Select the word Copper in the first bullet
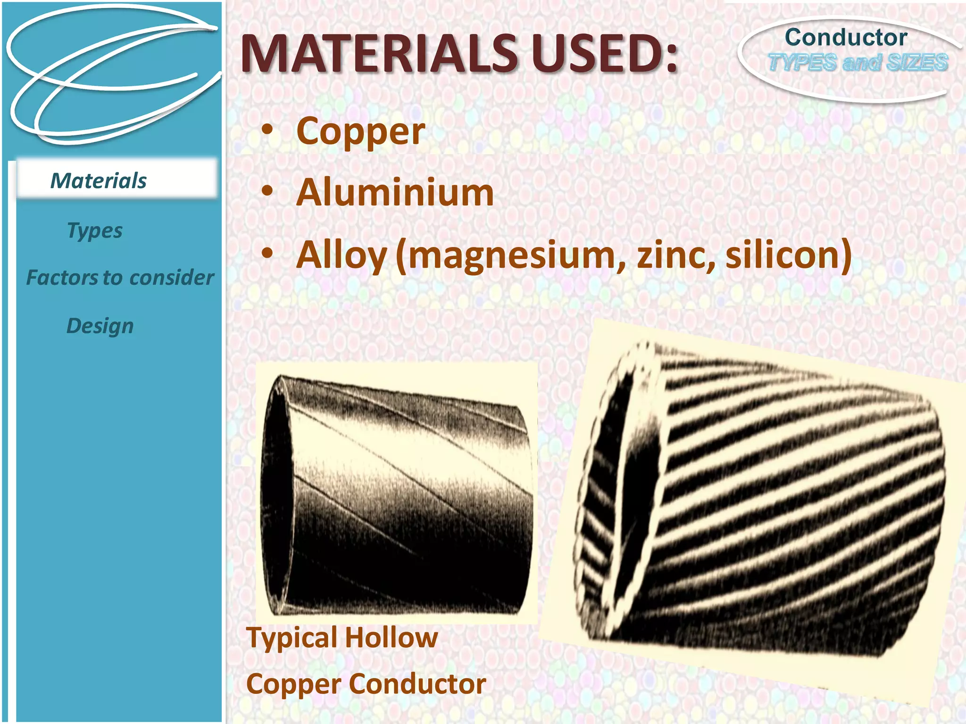coord(361,132)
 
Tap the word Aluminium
coord(395,193)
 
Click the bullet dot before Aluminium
coord(267,191)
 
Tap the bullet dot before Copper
coord(267,129)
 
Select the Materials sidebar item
coord(99,181)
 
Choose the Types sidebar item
coord(95,230)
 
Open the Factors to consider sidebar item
coord(120,278)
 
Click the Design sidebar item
coord(100,326)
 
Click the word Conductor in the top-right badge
coord(846,38)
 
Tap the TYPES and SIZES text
coord(858,63)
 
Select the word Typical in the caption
coord(292,638)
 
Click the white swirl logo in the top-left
coord(111,75)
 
